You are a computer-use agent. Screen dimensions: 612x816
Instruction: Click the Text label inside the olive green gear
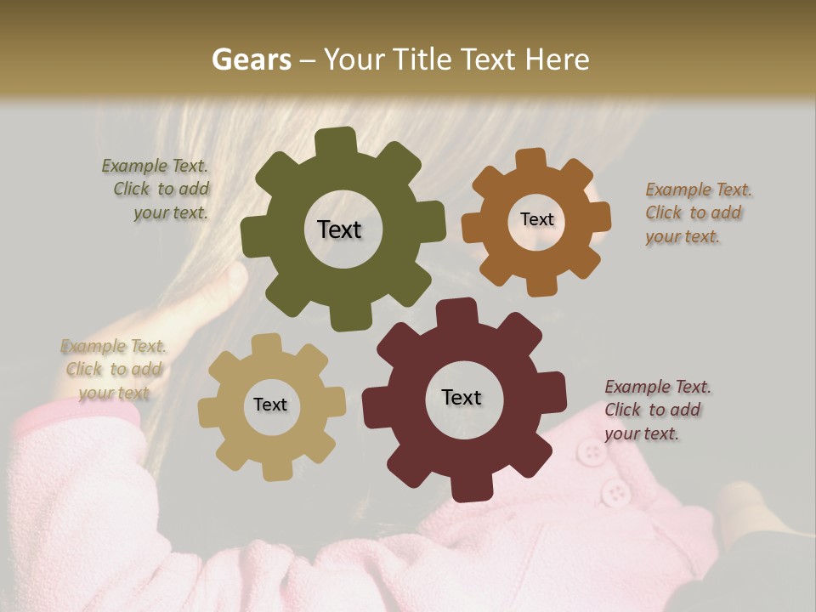point(339,229)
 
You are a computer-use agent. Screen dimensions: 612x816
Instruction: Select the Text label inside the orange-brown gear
point(536,219)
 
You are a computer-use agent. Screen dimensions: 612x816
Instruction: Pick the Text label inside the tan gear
point(270,405)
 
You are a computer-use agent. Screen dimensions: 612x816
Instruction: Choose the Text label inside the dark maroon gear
point(462,397)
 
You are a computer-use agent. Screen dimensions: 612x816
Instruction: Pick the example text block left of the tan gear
point(113,369)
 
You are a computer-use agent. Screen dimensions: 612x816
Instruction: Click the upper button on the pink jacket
point(590,451)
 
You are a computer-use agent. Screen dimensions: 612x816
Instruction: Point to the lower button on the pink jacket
point(615,490)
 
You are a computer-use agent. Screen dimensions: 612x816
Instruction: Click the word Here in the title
point(557,59)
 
